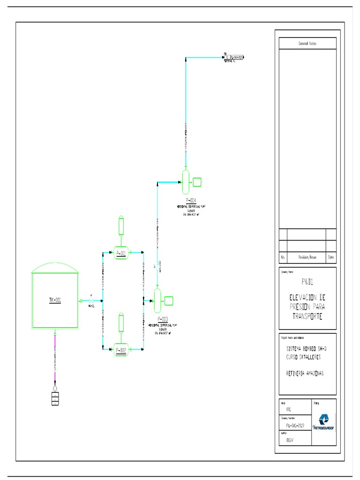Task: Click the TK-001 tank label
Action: [55, 300]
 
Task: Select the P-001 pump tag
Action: [121, 254]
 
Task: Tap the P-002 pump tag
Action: [121, 350]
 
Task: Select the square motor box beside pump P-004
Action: [197, 182]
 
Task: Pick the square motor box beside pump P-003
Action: [169, 300]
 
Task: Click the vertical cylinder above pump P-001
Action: [121, 225]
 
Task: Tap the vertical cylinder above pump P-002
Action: [121, 322]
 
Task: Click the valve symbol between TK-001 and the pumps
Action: [90, 300]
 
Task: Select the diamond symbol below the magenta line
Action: [55, 388]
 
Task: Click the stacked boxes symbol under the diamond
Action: [55, 398]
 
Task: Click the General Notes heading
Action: [307, 43]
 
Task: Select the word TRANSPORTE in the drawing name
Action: [307, 316]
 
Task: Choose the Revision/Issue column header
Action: [307, 257]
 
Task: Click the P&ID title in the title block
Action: [307, 282]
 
